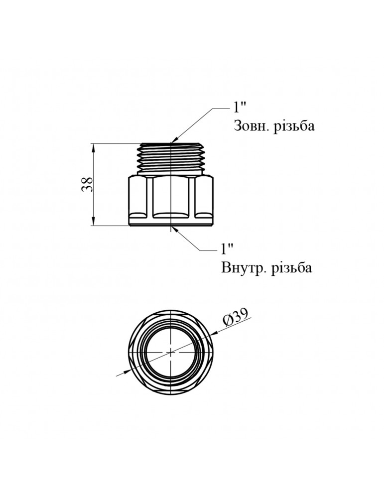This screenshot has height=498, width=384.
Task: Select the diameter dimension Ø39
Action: (235, 318)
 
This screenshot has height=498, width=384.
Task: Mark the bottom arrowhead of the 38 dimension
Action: (94, 222)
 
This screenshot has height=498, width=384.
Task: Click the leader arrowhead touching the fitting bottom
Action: (174, 228)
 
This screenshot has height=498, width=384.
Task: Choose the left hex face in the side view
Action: (138, 194)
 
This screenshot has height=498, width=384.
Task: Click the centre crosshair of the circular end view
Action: (171, 351)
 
